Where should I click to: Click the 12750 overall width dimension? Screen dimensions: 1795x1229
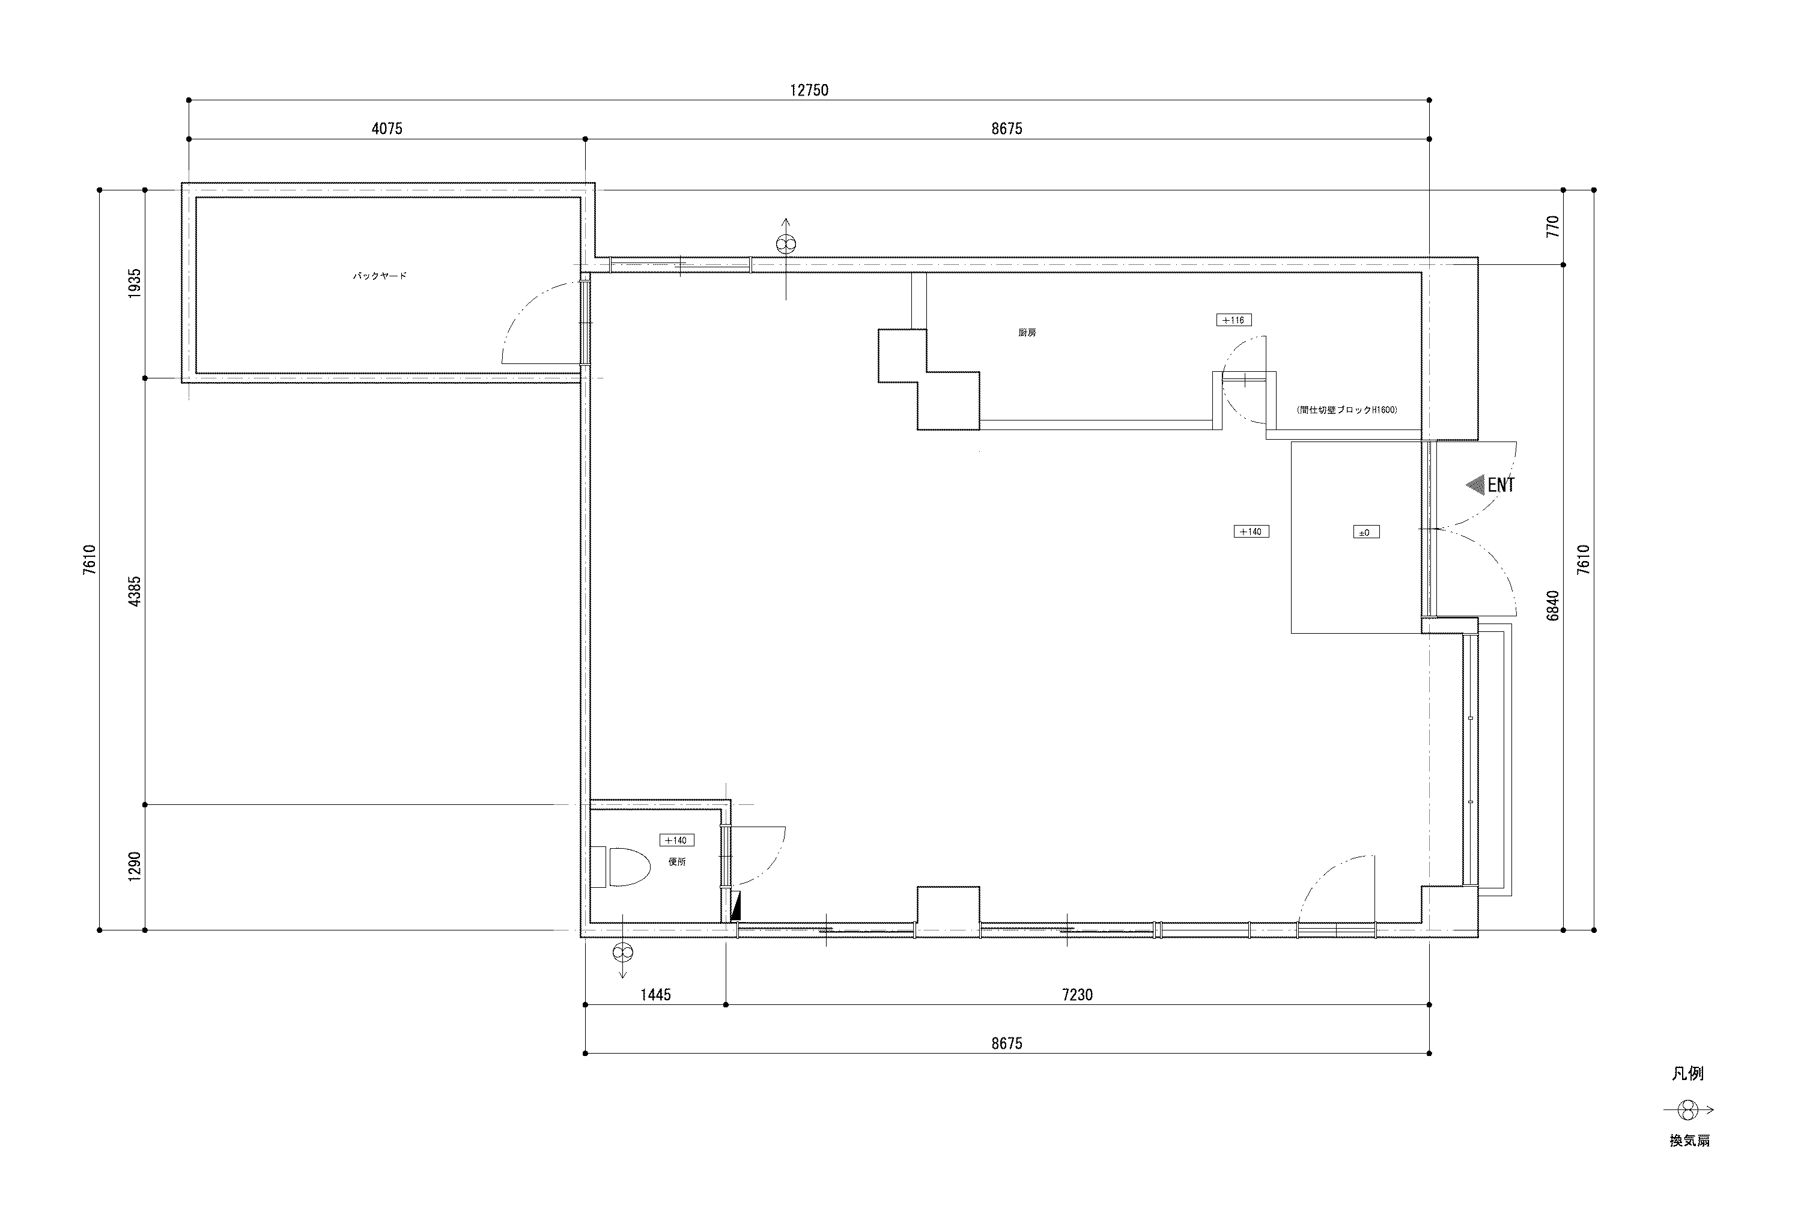click(x=809, y=90)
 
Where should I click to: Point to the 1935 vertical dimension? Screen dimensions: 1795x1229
click(x=135, y=284)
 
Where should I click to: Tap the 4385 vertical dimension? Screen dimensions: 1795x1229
click(x=135, y=592)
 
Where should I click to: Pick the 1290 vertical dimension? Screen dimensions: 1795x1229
click(x=135, y=867)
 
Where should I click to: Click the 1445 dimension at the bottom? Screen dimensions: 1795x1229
click(x=655, y=995)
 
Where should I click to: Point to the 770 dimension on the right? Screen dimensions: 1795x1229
click(x=1554, y=226)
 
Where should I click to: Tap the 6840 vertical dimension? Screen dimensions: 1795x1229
click(x=1554, y=605)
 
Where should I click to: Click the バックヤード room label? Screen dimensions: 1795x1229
click(x=379, y=276)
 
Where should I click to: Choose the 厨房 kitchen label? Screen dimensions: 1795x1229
click(x=1027, y=333)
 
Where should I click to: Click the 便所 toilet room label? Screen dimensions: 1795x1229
click(x=676, y=861)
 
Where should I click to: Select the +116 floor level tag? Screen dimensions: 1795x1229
click(x=1233, y=320)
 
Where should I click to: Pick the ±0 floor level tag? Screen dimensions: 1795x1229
click(x=1365, y=532)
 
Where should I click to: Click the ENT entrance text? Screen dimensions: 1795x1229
click(x=1501, y=485)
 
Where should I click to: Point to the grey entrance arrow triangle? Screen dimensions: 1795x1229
click(x=1476, y=485)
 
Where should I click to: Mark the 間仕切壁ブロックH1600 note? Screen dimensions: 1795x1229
click(x=1347, y=410)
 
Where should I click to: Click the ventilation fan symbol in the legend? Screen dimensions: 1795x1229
click(x=1689, y=1111)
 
